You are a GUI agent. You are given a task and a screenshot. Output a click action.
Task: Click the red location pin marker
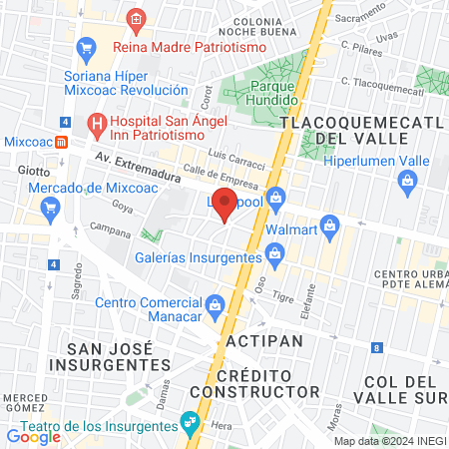coord(225,207)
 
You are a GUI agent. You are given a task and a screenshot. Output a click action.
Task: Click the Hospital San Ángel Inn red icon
coord(97,124)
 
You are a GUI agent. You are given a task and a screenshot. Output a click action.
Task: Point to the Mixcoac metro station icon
coord(62,142)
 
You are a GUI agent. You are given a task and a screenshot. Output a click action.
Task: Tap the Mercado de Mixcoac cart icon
coord(50,208)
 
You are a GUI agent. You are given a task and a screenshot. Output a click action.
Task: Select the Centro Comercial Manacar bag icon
coord(215,303)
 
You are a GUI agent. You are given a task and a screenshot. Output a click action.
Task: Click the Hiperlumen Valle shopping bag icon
coord(407,181)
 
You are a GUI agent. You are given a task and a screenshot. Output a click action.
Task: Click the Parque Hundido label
coord(274,94)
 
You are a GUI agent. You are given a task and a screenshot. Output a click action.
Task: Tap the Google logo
coord(33,436)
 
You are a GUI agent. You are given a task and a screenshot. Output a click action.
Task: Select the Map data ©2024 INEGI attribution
coord(389,441)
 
